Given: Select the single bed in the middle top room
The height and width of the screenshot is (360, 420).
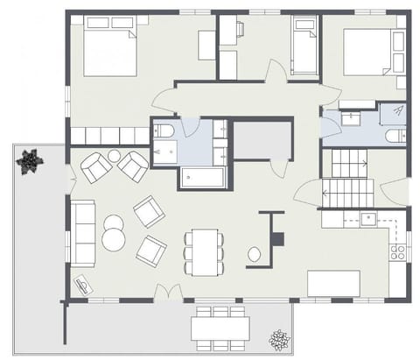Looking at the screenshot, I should pos(304,48).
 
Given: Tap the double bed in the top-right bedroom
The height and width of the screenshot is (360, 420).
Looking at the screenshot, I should pos(367,51).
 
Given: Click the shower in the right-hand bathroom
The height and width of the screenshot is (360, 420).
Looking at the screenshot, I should pos(394,112).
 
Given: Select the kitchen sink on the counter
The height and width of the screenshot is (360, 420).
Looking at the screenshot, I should pos(367,219).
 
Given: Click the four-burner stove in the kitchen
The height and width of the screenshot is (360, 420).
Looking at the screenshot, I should pos(398,253).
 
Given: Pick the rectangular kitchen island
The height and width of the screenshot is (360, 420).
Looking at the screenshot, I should pos(333,283).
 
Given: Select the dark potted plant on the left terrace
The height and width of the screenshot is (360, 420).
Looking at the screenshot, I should pos(29,161).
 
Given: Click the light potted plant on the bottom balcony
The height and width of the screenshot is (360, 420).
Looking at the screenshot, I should pos(280,341).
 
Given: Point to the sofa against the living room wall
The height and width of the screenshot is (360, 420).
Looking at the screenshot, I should pos(83,233).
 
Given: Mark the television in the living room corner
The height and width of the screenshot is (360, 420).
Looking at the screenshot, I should pos(83,286).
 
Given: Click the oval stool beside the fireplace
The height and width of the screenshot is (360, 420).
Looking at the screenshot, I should pos(255,255).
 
